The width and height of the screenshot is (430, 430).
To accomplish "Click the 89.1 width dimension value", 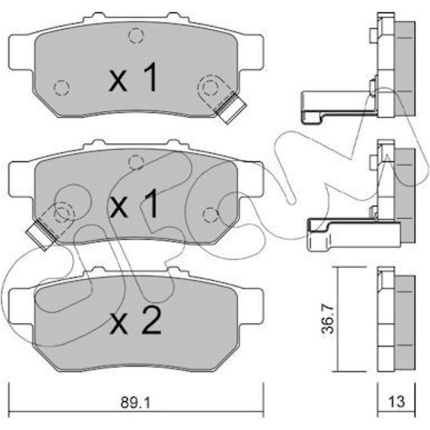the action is [136, 402].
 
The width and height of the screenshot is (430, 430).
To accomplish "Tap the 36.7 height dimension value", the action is [328, 319].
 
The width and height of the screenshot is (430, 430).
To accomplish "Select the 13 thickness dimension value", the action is [396, 402].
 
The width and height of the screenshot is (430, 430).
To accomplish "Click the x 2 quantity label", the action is [135, 321].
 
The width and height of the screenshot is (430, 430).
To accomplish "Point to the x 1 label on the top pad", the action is [133, 77].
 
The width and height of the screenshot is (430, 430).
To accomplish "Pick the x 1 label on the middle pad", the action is [133, 203].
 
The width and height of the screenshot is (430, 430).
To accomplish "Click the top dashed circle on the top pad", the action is [136, 36].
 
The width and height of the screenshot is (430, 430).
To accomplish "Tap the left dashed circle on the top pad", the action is [61, 88].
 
